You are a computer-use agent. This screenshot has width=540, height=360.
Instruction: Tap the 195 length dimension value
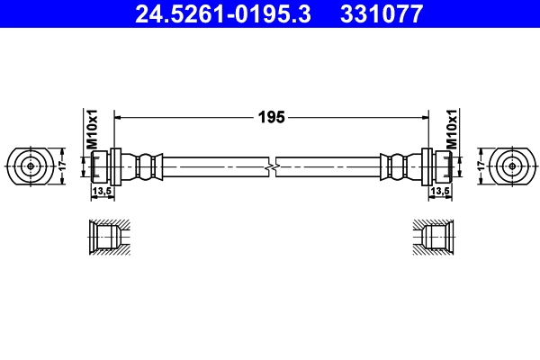click(272, 117)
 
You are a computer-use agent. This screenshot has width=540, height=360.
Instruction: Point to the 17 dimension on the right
click(481, 166)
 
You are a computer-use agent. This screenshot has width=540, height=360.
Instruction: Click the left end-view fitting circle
click(31, 166)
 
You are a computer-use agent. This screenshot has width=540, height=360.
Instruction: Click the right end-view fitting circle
click(512, 166)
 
